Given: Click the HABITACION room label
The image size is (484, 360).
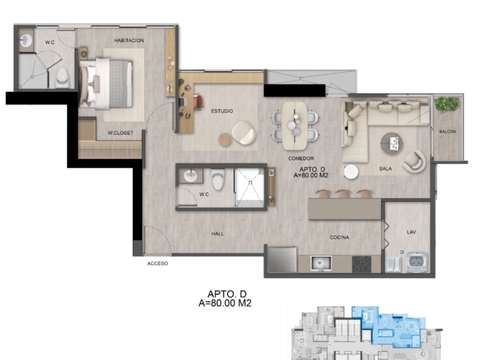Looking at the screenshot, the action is (x=129, y=40).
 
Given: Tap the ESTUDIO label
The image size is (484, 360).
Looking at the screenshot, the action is (x=222, y=111).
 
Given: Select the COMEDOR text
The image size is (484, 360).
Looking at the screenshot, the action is (x=301, y=158).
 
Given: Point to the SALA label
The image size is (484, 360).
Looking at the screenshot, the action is (x=385, y=169).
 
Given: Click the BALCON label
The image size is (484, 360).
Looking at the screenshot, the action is (x=448, y=131).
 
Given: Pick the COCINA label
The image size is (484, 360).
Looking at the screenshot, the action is (x=339, y=237).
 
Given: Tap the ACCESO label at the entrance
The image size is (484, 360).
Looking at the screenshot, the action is (x=158, y=264).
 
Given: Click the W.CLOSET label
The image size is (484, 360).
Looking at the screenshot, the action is (x=121, y=133).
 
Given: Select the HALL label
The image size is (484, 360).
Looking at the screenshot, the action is (x=218, y=234).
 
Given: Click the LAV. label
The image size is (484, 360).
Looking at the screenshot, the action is (x=411, y=232).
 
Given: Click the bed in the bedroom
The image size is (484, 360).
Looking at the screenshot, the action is (x=106, y=84).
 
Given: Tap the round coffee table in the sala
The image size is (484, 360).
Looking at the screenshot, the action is (x=391, y=144).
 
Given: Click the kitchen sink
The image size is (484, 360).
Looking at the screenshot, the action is (x=321, y=264).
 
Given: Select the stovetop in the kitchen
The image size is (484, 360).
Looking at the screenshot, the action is (x=361, y=264).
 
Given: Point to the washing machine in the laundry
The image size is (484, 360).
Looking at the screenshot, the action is (x=417, y=262).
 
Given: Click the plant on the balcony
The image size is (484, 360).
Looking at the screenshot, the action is (x=447, y=103).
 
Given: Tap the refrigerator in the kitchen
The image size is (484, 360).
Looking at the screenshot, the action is (x=282, y=259).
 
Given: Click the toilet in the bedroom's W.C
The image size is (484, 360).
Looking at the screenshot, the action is (x=63, y=78).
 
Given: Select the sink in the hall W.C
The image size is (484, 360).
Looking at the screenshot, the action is (x=190, y=176).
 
